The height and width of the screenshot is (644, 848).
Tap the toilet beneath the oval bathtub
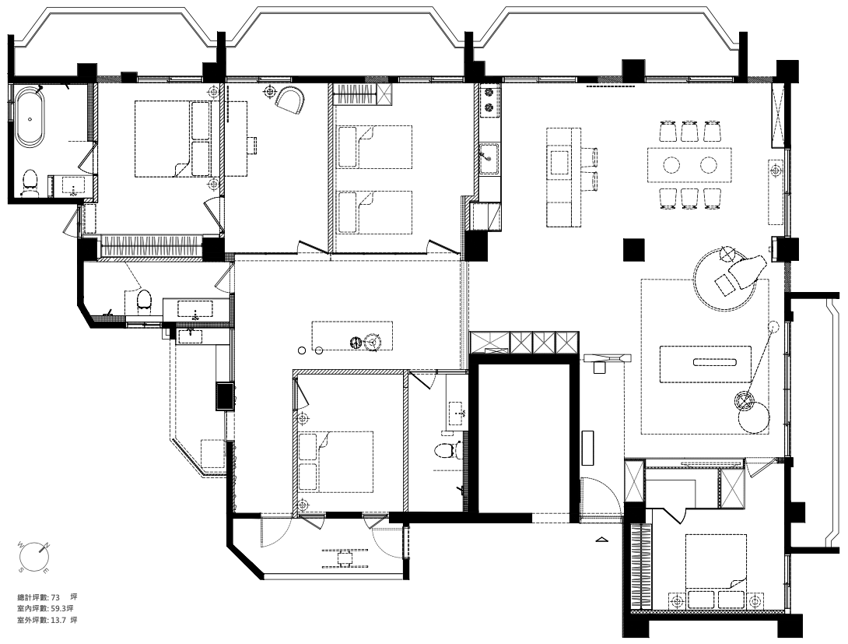[30, 183]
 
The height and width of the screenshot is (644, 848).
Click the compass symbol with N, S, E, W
[33, 557]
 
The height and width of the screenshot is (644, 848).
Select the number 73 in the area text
[54, 597]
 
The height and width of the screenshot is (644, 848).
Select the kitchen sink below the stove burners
[489, 158]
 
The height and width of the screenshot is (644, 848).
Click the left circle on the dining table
[671, 164]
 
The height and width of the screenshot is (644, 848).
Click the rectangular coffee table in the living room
[705, 364]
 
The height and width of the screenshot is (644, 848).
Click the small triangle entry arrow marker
[601, 540]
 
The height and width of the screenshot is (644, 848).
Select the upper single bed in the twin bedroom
[374, 146]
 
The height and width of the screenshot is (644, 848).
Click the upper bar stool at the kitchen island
[589, 157]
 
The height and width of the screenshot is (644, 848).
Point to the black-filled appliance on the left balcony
[225, 396]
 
